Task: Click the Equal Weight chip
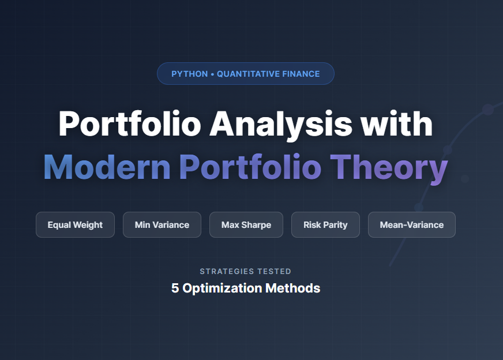75,225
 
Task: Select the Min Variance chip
162,225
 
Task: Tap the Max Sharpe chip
246,225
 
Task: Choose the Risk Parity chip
325,225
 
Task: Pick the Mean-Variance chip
412,225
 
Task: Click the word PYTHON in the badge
189,74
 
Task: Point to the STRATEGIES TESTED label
246,271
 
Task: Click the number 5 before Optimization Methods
175,288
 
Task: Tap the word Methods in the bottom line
292,288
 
